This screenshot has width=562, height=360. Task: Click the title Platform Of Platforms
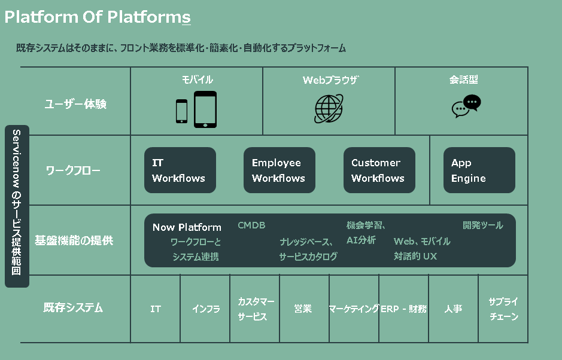click(x=98, y=17)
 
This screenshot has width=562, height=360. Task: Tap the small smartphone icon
click(x=181, y=111)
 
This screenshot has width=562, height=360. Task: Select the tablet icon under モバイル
click(x=205, y=109)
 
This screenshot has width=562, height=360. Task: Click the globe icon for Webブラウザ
click(x=329, y=109)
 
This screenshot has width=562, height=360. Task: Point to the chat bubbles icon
click(x=466, y=107)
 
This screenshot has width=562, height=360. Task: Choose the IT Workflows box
click(x=180, y=170)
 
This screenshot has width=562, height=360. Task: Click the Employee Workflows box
click(x=279, y=170)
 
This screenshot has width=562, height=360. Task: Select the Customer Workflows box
click(x=379, y=170)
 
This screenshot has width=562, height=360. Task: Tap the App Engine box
click(x=479, y=170)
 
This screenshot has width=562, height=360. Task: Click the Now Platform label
click(x=187, y=227)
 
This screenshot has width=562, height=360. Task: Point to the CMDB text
click(x=251, y=225)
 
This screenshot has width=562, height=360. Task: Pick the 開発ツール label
click(x=483, y=225)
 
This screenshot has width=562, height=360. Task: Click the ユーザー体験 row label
click(x=76, y=104)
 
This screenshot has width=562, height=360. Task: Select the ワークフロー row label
click(x=74, y=170)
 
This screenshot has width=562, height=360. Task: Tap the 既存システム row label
click(x=74, y=308)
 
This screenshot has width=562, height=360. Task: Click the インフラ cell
click(x=205, y=309)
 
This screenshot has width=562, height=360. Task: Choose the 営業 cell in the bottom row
click(x=303, y=309)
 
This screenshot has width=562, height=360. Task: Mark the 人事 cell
click(x=453, y=309)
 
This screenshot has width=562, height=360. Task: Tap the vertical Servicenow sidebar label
click(x=17, y=206)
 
